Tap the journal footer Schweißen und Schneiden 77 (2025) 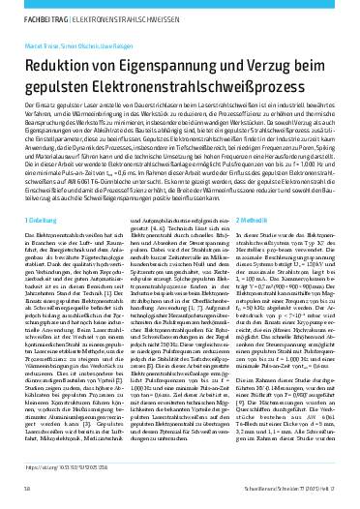pyautogui.click(x=289, y=491)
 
